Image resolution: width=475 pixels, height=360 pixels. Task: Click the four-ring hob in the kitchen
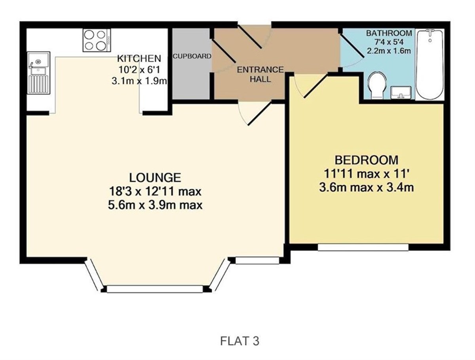pyautogui.click(x=97, y=40)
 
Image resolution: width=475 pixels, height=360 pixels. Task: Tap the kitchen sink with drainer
pyautogui.click(x=38, y=73)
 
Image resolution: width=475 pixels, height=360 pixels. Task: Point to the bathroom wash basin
pyautogui.click(x=401, y=93)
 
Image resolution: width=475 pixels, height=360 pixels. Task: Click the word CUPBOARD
pyautogui.click(x=192, y=56)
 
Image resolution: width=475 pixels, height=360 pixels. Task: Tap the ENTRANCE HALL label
pyautogui.click(x=260, y=74)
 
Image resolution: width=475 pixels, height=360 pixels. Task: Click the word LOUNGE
pyautogui.click(x=155, y=178)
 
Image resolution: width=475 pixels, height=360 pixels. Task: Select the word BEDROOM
pyautogui.click(x=367, y=160)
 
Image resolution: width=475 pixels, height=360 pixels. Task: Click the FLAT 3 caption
pyautogui.click(x=239, y=341)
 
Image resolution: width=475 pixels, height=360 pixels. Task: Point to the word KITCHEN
pyautogui.click(x=139, y=59)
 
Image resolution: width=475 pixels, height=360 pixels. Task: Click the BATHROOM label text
pyautogui.click(x=389, y=33)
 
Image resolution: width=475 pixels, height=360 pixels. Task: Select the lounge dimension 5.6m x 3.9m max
pyautogui.click(x=155, y=205)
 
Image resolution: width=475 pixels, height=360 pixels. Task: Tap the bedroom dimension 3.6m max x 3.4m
pyautogui.click(x=367, y=187)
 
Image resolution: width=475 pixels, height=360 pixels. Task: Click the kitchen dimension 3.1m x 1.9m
pyautogui.click(x=139, y=81)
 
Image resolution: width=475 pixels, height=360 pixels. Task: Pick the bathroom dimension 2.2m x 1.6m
pyautogui.click(x=389, y=51)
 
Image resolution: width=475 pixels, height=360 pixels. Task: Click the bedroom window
pyautogui.click(x=363, y=247)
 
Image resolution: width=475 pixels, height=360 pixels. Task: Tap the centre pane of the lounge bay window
pyautogui.click(x=155, y=289)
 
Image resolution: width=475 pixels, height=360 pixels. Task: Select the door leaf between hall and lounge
pyautogui.click(x=259, y=114)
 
